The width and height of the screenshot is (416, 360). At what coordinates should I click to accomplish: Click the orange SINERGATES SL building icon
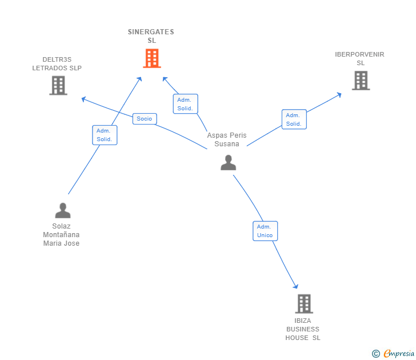click(151, 58)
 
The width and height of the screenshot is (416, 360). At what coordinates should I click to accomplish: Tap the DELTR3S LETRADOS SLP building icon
click(58, 86)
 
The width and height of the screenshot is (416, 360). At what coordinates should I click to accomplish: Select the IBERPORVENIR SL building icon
click(361, 81)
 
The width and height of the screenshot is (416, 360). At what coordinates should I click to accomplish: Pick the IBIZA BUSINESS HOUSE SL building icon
click(304, 304)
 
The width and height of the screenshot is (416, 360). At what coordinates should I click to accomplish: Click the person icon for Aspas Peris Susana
click(228, 163)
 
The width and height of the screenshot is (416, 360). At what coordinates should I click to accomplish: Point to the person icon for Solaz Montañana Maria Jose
click(62, 211)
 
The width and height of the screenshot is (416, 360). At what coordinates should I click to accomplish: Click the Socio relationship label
click(145, 119)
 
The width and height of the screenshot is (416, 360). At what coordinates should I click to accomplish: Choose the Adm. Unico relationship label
click(265, 231)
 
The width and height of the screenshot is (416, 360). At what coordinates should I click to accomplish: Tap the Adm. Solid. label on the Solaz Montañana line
click(105, 135)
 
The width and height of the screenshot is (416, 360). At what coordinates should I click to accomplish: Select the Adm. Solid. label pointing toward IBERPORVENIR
click(294, 119)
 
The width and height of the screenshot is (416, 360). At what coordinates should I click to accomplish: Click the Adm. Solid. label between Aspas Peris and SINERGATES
click(185, 104)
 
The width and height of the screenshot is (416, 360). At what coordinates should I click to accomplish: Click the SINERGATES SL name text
click(151, 36)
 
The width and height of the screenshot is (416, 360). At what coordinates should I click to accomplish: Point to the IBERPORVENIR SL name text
click(360, 58)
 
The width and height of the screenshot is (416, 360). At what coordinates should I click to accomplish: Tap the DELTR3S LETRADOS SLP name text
click(57, 63)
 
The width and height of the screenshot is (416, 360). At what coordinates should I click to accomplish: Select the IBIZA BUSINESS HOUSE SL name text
click(303, 329)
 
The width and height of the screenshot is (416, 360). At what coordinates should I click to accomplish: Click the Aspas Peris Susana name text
click(227, 139)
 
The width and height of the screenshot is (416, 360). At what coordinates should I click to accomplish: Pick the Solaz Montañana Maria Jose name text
click(61, 234)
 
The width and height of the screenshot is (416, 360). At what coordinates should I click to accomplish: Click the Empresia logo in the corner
click(394, 354)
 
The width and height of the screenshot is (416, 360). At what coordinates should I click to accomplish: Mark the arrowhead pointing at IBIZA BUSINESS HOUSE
click(296, 286)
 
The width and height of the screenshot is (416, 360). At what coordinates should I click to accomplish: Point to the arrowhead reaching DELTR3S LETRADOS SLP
click(83, 99)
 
